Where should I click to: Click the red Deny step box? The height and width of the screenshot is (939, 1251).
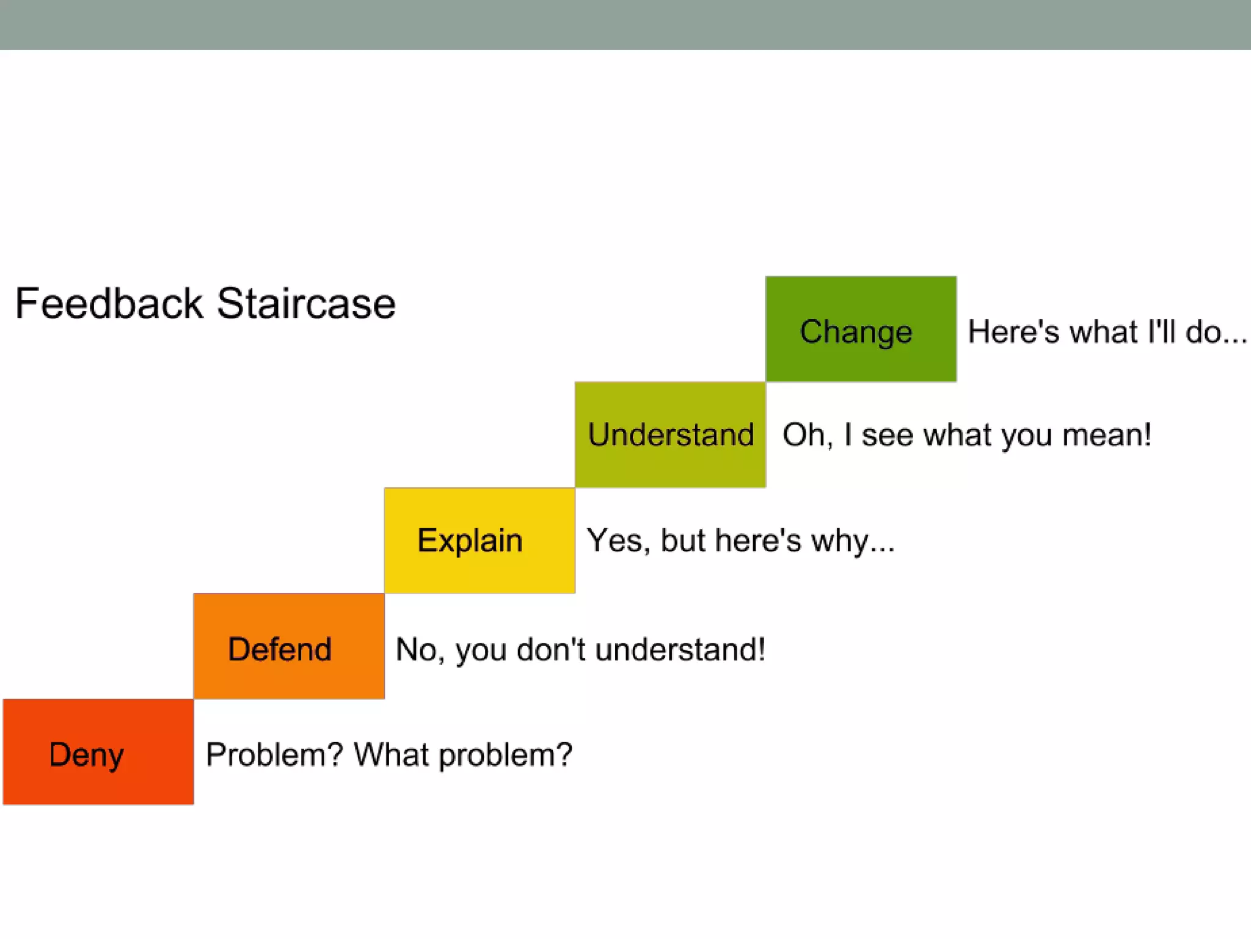98,752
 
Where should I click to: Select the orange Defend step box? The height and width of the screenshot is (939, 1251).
289,646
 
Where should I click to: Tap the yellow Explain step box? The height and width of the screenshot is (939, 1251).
480,540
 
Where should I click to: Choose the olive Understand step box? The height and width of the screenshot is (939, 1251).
670,435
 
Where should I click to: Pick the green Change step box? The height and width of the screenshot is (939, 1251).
861,330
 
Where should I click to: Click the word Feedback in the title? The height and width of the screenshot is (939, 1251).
109,303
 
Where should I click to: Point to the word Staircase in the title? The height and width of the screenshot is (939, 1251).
306,303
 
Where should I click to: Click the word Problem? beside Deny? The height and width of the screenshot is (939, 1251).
275,754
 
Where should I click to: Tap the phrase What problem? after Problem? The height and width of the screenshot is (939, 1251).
463,754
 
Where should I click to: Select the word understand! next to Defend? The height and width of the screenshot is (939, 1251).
680,649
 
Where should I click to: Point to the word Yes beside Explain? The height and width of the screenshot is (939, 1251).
616,540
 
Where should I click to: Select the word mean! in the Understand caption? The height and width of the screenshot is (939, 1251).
1107,435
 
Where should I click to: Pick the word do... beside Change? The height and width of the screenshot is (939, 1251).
1216,332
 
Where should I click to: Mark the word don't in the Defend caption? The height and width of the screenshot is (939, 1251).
551,649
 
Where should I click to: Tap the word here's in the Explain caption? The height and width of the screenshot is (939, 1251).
757,540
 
